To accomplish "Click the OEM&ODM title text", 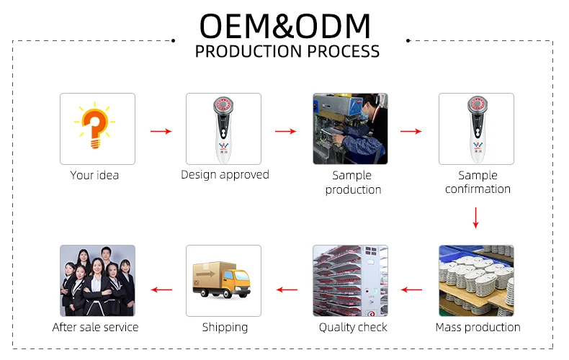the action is pos(285,26).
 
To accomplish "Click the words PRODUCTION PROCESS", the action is pos(287,52).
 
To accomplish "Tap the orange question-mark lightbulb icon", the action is pos(94,125).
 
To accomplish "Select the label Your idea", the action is pos(94,175).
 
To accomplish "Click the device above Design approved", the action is pos(223,129).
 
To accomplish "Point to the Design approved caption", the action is pos(225,175).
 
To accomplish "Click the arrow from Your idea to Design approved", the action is pos(161,131).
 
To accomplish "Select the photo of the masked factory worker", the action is pos(350,129).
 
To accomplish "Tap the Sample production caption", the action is pos(353,182).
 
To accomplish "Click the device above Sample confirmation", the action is pos(478,129).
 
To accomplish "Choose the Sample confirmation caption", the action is pos(478,182).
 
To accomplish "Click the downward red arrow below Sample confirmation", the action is pos(476,217).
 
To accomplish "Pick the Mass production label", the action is pos(478,328).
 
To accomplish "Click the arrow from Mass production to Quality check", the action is pos(411,289).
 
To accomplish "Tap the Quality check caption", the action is pos(353,328).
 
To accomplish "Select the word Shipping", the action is pos(225,328).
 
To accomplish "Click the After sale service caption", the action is pos(96,328).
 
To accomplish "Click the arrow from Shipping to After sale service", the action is pos(161,289).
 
